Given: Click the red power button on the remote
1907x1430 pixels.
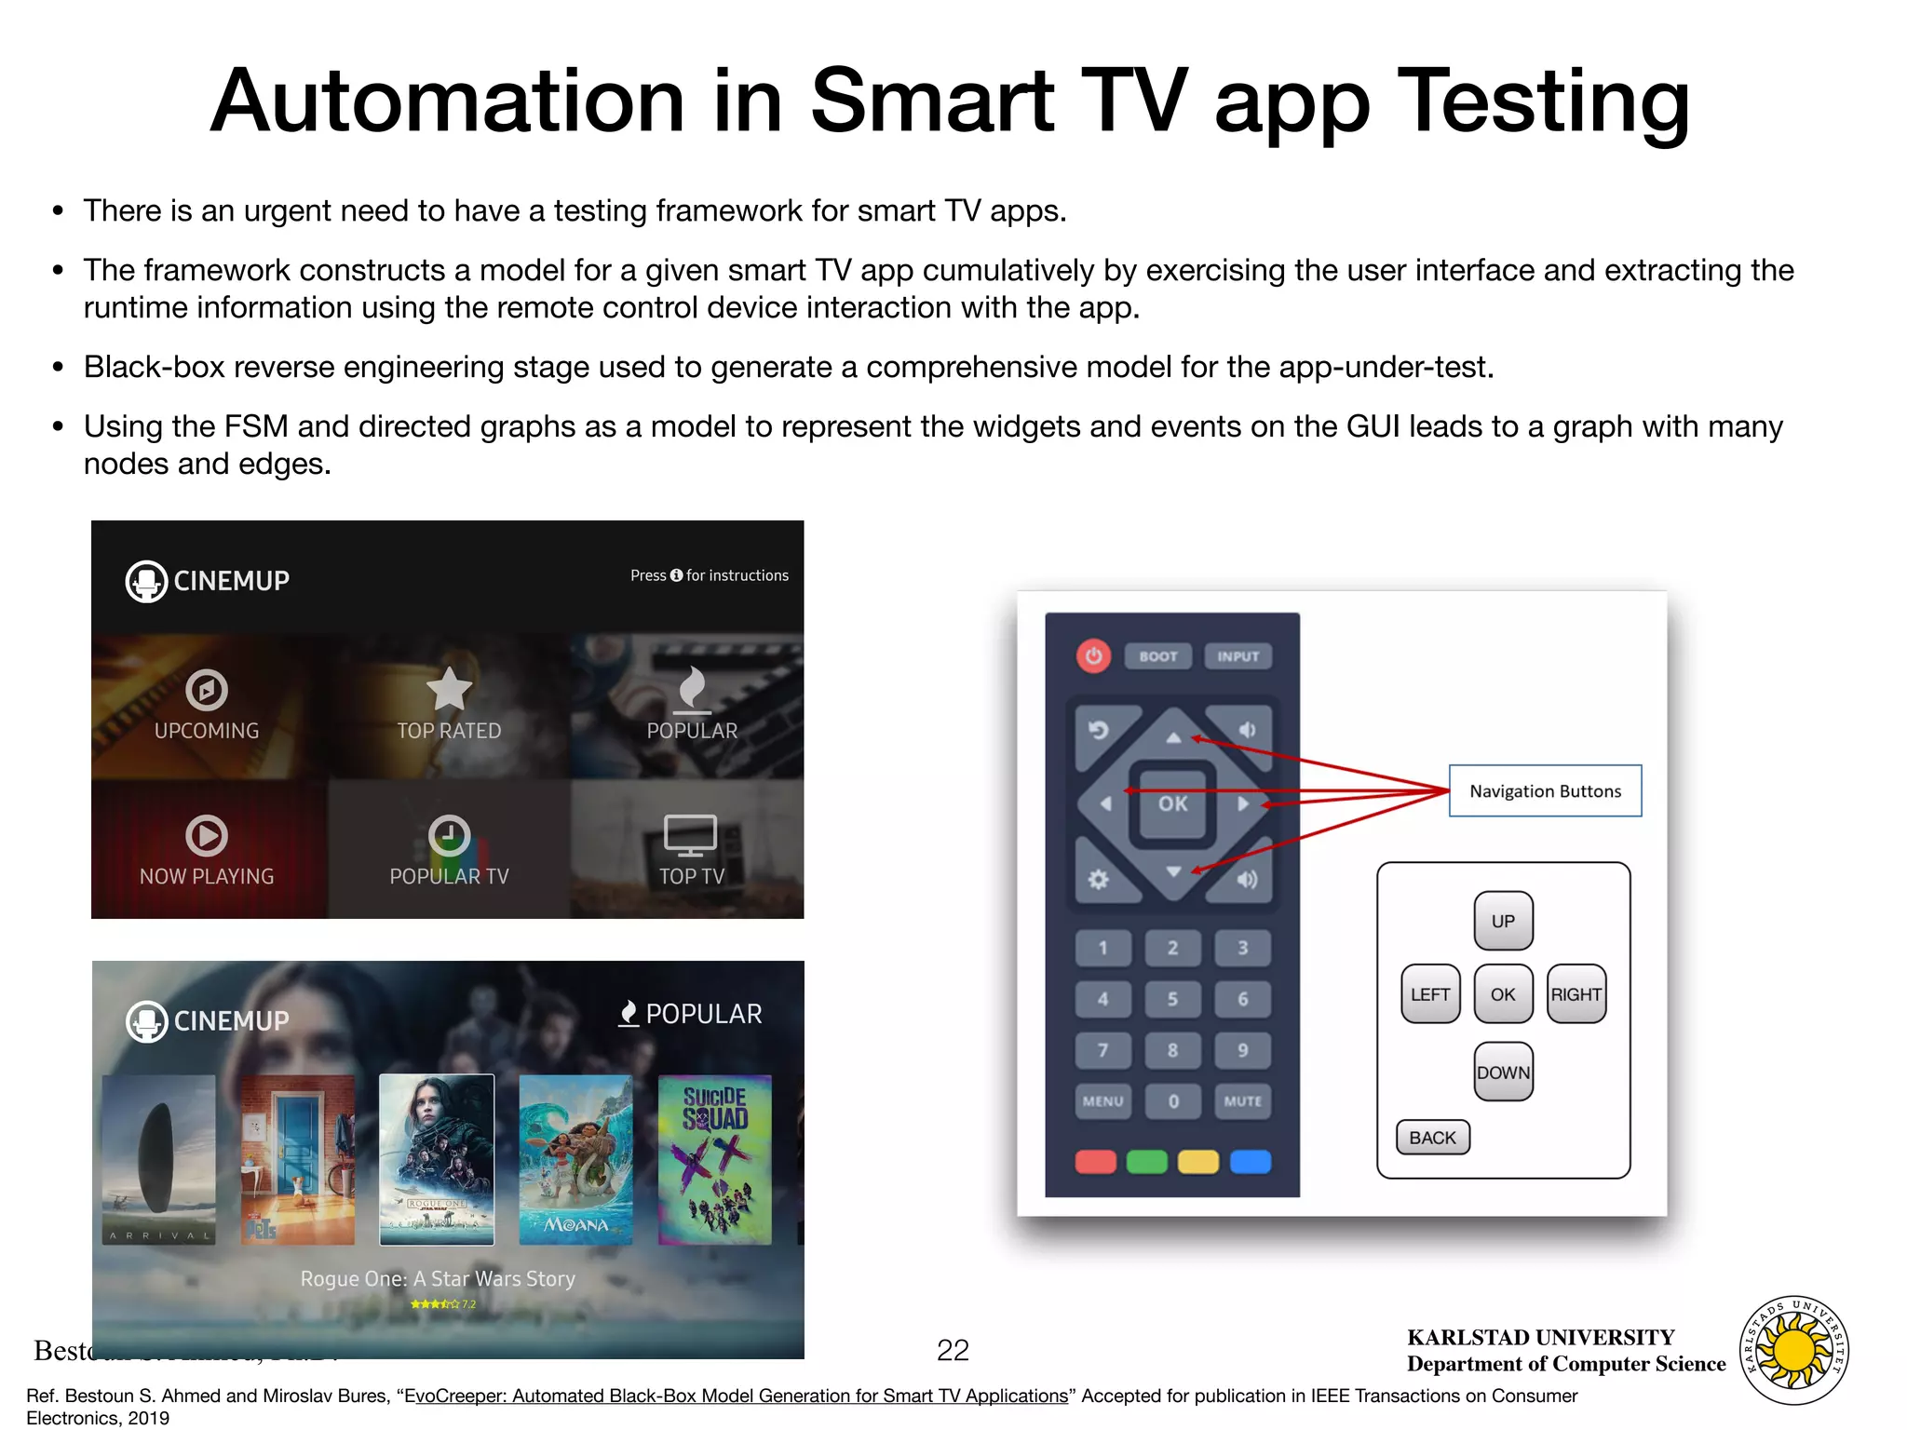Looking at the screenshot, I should (1094, 656).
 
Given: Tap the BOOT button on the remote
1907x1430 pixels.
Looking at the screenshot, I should (1157, 656).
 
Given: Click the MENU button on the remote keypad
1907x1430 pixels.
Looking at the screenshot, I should (1103, 1101).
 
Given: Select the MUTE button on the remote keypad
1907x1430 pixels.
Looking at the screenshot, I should (1242, 1101).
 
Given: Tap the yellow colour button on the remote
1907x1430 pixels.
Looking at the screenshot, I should (1198, 1162).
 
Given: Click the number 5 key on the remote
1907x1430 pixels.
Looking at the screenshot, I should (1172, 999).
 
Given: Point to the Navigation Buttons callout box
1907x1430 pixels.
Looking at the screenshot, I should (1545, 791).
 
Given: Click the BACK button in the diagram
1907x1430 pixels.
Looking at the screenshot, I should (1432, 1138).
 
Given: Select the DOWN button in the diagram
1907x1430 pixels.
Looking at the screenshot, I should (1503, 1072).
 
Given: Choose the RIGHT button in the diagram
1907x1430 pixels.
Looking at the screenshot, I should (1576, 994).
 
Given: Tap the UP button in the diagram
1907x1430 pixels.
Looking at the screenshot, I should (1503, 921).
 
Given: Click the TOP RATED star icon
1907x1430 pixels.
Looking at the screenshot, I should (449, 690).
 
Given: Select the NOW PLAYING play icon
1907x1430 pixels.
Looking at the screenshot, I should (207, 835).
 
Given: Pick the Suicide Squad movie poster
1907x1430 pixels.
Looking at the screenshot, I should (715, 1160).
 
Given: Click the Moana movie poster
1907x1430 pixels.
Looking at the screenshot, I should (575, 1160).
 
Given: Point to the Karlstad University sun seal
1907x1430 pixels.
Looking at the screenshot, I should (1794, 1350).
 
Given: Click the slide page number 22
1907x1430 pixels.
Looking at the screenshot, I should (953, 1350).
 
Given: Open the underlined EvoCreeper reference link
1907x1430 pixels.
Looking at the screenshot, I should (737, 1396).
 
